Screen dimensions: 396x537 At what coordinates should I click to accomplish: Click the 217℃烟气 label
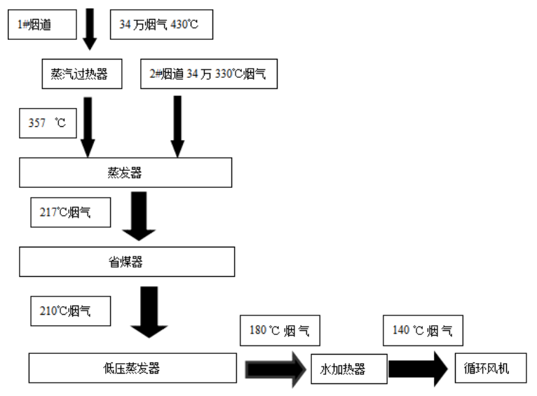70,213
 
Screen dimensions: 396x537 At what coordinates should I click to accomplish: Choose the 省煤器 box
126,261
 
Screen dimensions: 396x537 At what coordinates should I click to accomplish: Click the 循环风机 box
491,368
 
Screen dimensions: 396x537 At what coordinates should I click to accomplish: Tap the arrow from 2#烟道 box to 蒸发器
177,126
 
